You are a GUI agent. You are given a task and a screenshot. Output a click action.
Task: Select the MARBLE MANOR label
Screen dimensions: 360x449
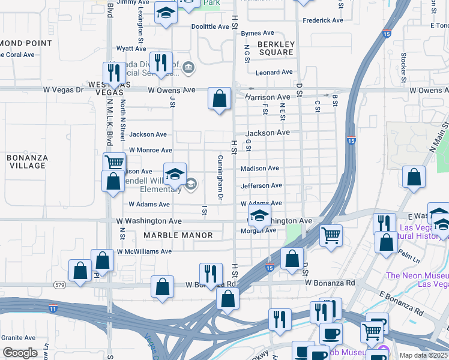tap(178, 235)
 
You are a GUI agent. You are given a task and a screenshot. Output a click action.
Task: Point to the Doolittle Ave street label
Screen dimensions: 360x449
tap(210, 26)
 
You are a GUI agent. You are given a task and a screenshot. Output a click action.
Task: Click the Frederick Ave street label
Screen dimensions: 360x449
tap(323, 20)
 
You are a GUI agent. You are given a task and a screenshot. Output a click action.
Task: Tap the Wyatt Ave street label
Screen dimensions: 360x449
tap(131, 48)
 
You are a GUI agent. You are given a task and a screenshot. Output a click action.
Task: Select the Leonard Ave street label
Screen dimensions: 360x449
tap(274, 73)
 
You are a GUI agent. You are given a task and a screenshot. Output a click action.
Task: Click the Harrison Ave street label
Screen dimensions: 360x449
tap(267, 97)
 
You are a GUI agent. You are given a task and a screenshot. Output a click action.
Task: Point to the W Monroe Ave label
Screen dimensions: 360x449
tap(150, 150)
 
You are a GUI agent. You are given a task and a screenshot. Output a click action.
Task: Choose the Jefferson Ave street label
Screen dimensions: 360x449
tap(261, 186)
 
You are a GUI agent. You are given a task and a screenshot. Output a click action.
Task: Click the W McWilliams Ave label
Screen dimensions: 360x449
tap(144, 251)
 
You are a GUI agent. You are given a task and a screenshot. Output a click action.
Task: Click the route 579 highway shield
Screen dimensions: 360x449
tap(59, 284)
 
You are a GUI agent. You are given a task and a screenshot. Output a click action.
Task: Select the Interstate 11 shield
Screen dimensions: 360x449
tap(53, 308)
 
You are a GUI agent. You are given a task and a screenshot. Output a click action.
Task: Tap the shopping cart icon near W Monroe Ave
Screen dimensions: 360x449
tap(114, 161)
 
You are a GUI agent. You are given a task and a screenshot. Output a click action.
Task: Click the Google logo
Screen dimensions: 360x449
tap(20, 353)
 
